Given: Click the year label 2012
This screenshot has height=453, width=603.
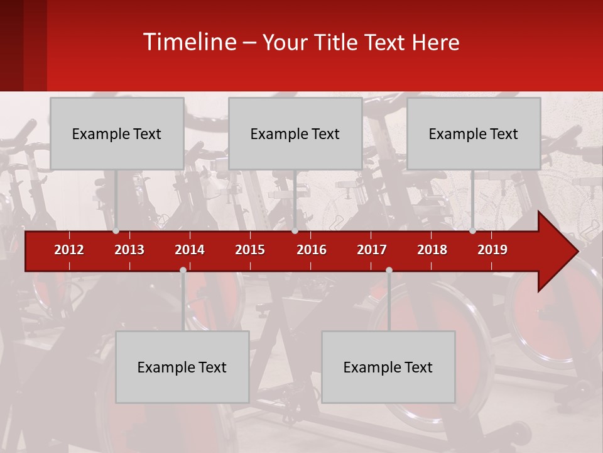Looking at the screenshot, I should [69, 250].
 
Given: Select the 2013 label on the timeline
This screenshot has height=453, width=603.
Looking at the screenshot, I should [129, 250].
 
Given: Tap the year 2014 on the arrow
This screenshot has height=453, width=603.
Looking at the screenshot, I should [190, 250].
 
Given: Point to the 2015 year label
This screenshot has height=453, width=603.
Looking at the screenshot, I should [250, 250].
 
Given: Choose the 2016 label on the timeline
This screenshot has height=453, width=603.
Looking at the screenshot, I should [312, 250].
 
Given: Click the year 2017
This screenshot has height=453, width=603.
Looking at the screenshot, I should [372, 250].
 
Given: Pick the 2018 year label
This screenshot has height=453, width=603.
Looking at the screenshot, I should [432, 250].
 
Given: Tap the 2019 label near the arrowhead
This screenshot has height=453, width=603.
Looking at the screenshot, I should [492, 250].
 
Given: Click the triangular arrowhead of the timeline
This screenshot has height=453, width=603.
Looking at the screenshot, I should [557, 252].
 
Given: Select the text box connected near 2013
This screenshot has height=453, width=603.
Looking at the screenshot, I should [117, 133].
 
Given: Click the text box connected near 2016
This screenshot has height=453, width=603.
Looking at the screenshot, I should [295, 133].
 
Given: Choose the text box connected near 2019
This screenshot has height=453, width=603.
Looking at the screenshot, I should [474, 133].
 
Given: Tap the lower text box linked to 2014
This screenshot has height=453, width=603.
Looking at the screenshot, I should [182, 367].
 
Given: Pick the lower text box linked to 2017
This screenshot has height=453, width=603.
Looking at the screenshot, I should [388, 367].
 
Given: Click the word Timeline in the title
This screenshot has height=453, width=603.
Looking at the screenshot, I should [189, 42].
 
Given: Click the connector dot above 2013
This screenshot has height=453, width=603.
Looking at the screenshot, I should [116, 231].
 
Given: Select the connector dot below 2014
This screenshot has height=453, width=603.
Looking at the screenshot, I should [183, 270].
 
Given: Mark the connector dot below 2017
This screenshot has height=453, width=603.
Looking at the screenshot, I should [389, 270].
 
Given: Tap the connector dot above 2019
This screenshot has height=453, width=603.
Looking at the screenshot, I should [472, 231].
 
